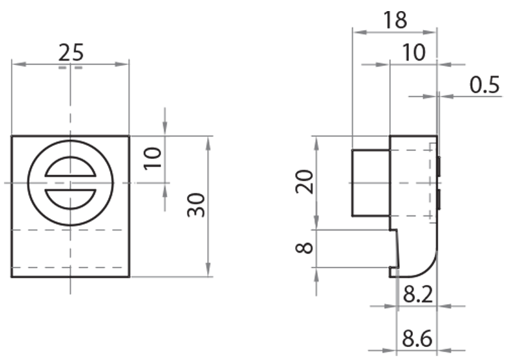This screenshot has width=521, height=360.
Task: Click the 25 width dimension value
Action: click(70, 51)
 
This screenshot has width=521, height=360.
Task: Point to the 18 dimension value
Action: click(394, 20)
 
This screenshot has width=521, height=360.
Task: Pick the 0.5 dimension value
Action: click(485, 85)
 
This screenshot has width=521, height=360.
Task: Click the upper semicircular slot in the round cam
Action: click(70, 169)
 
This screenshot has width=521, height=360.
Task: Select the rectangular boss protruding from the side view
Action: click(371, 183)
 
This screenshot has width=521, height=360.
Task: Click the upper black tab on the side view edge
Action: click(439, 167)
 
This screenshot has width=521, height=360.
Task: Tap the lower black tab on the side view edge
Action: click(439, 199)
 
